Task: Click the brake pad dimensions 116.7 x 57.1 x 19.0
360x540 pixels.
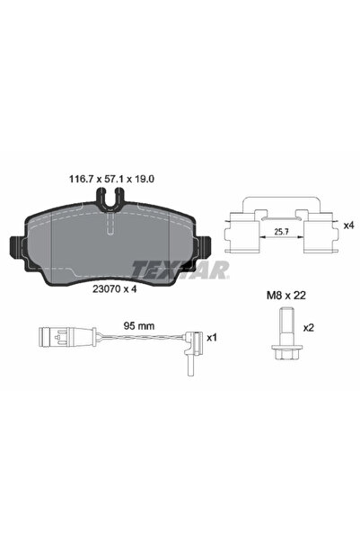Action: click(x=112, y=179)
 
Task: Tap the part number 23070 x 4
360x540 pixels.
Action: click(x=115, y=289)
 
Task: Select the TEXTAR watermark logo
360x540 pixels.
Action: click(x=180, y=270)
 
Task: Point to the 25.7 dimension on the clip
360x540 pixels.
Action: click(x=280, y=232)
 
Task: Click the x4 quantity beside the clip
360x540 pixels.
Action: click(x=348, y=226)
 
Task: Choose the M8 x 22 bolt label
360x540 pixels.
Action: click(x=286, y=295)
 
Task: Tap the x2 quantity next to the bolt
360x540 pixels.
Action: click(x=309, y=328)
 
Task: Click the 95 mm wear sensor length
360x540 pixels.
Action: click(x=139, y=326)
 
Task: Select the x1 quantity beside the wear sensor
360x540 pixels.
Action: click(x=212, y=338)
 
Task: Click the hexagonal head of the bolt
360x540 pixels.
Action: click(x=285, y=352)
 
